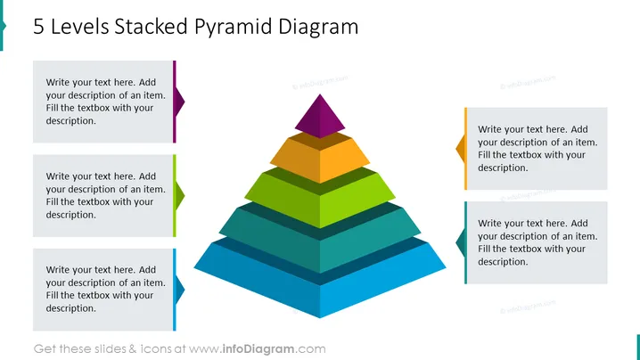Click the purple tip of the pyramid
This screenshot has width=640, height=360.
click(x=320, y=117)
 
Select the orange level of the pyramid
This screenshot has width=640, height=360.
click(x=320, y=157)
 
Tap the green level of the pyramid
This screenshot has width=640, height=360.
click(x=320, y=197)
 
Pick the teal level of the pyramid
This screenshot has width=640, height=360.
click(x=320, y=238)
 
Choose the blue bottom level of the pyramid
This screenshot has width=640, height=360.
click(x=320, y=277)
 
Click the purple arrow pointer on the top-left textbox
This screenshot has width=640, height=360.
click(x=178, y=102)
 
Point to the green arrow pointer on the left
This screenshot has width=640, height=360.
click(x=178, y=195)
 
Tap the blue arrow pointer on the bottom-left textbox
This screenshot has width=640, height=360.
click(x=178, y=290)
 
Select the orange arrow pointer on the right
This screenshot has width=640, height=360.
click(x=461, y=149)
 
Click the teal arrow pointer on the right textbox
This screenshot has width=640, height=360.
click(x=461, y=242)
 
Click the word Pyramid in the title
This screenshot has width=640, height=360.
click(x=233, y=28)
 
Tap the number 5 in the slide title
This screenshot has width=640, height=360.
click(x=38, y=27)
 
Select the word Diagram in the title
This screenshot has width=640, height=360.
click(x=318, y=28)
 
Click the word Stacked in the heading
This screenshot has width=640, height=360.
click(x=152, y=27)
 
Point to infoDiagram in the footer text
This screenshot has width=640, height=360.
click(x=258, y=349)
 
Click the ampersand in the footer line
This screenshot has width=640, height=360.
click(x=133, y=349)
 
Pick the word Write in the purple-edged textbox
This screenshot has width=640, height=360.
click(x=57, y=82)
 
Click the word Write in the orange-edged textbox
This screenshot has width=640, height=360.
click(x=489, y=129)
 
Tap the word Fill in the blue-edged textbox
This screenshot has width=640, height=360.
click(x=52, y=295)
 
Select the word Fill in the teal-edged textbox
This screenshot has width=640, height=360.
click(x=484, y=249)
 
